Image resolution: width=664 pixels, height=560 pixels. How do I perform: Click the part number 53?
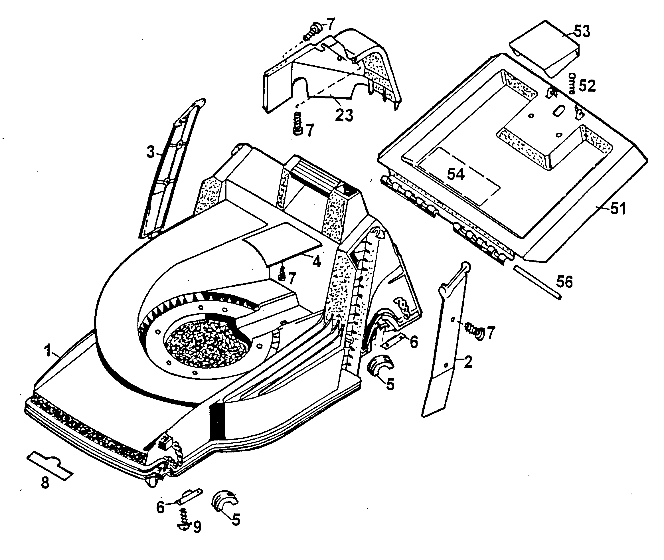[582, 32]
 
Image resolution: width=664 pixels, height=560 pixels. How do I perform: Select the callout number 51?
[617, 209]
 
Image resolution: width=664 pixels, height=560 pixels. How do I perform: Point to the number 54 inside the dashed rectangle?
[456, 174]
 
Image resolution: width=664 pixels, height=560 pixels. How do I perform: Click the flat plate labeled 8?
[50, 465]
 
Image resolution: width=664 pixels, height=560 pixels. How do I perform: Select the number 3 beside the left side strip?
[150, 152]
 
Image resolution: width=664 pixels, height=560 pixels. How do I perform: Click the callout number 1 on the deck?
[47, 351]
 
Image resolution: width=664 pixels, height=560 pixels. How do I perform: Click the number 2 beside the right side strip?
[468, 362]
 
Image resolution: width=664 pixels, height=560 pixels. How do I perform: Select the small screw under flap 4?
[282, 274]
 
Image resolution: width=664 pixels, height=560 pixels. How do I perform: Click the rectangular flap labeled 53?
[544, 48]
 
